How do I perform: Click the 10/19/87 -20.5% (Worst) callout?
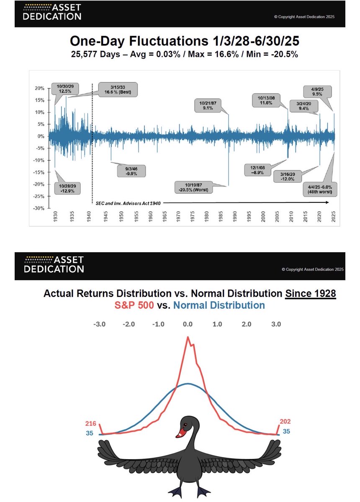[x=193, y=187]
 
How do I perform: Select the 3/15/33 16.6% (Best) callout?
[x=118, y=90]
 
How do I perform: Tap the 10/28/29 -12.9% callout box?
[x=67, y=189]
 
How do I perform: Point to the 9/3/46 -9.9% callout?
[x=131, y=171]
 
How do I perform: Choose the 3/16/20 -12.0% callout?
[x=288, y=177]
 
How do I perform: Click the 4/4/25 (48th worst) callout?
[x=320, y=190]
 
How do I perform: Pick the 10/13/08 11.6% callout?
[x=266, y=100]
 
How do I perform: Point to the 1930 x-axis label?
[x=55, y=217]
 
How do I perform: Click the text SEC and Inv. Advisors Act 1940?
[x=128, y=203]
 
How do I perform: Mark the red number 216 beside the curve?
[x=90, y=423]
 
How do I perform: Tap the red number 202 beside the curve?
[x=285, y=421]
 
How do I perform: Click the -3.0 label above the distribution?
[x=99, y=324]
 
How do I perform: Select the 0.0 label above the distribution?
[x=188, y=324]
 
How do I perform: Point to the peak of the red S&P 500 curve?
[x=188, y=337]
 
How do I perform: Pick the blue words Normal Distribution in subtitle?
[x=219, y=305]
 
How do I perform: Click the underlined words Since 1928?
[x=311, y=293]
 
